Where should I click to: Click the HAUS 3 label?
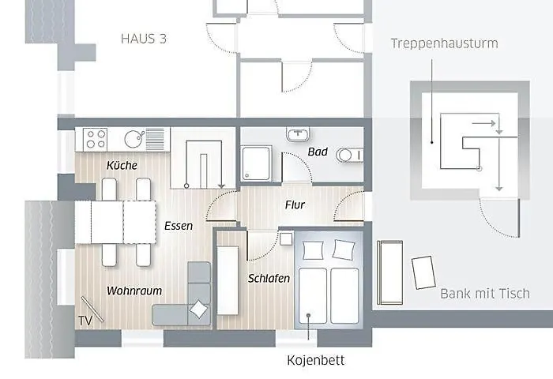point(145,38)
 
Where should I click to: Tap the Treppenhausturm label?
point(444,43)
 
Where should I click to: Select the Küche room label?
point(122,165)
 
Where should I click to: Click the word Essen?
point(179,226)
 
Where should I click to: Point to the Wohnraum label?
point(129,291)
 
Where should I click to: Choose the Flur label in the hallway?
point(295,205)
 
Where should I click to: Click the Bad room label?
point(318,152)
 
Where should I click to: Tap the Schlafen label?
point(269,279)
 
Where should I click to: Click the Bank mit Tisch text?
point(484,294)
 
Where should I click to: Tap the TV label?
point(85,320)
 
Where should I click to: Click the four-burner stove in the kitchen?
point(96,140)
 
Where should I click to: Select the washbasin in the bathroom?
point(299,134)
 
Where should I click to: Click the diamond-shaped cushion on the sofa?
point(200,310)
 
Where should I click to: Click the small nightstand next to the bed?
point(286,238)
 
